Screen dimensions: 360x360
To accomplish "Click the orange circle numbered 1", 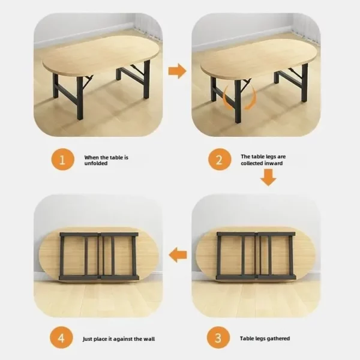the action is pos(62,160).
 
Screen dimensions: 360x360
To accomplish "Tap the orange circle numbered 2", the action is pos(220,160).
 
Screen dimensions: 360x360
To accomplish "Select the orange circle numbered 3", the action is pos(218,338).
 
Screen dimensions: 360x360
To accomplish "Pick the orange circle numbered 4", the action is pos(61,338).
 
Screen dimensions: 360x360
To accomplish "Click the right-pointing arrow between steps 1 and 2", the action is pos(177,71).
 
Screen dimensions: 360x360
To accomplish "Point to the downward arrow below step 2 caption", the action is pos(268,178).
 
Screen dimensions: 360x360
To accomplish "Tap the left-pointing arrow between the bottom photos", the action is pos(178,254).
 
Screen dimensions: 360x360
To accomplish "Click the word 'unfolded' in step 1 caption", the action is pos(96,163).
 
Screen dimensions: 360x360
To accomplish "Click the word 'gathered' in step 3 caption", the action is pos(277,338).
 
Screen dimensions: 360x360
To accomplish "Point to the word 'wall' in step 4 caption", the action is pos(149,339).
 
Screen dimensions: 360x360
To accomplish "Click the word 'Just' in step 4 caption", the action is pos(87,339).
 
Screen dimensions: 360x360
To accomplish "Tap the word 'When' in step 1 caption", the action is pos(91,157).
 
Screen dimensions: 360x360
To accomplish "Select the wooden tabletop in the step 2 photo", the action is pos(259,58).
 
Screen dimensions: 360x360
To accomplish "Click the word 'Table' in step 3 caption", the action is pos(246,338).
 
